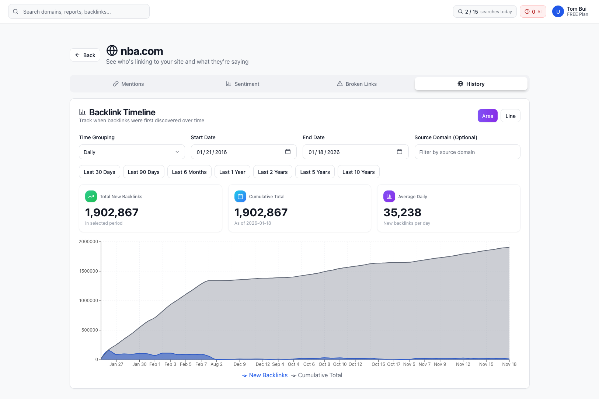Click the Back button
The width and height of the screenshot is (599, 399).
pos(85,55)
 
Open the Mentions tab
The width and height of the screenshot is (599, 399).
pos(128,84)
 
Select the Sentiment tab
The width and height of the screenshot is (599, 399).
pos(243,84)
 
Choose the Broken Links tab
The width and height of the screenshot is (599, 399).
pos(357,84)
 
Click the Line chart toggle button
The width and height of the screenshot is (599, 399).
pos(510,116)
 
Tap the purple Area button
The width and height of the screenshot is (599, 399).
pos(487,116)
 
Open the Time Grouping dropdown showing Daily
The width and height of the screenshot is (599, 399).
pos(132,152)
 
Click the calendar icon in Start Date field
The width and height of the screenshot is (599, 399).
pos(288,152)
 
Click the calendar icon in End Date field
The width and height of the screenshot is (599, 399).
pos(400,152)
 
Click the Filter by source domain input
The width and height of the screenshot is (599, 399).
pos(467,152)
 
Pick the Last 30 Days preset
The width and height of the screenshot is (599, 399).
pos(100,172)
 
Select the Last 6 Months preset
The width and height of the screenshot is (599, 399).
pos(189,172)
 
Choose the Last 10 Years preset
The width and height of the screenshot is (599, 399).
pos(358,172)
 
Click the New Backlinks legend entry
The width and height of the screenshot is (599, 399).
pos(265,375)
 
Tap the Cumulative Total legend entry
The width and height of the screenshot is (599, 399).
pos(317,375)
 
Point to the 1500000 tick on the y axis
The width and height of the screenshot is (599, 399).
pos(88,271)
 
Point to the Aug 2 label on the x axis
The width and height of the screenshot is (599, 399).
pos(216,364)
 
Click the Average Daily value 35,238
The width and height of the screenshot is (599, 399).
pos(402,213)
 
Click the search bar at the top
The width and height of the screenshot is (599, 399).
pos(79,12)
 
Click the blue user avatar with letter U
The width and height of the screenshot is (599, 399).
pos(558,12)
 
